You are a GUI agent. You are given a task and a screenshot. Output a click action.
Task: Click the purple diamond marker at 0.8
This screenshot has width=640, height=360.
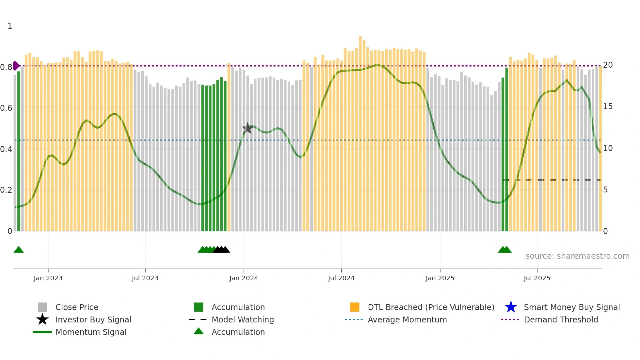16,66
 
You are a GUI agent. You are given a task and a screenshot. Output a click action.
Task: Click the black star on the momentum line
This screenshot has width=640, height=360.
248,128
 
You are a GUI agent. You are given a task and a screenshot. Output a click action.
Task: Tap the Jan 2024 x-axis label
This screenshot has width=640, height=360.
244,278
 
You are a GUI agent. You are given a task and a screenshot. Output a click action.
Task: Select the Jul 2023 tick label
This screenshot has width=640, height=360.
145,278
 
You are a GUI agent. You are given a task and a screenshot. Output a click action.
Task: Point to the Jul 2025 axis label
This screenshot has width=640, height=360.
537,278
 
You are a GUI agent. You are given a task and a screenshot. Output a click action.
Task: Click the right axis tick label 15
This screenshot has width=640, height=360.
608,106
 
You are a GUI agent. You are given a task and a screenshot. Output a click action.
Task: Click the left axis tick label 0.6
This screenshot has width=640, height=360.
6,108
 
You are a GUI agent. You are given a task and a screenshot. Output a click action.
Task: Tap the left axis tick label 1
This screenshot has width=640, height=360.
10,26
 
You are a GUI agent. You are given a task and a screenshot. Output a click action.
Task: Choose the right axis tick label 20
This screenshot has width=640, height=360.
608,65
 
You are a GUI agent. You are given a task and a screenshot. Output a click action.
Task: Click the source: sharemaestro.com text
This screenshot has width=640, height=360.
577,256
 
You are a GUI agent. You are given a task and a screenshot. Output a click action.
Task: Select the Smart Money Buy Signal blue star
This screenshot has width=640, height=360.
511,307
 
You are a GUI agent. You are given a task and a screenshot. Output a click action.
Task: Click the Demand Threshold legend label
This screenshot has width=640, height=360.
561,319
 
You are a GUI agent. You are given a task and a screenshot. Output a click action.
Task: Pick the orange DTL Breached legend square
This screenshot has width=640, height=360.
355,307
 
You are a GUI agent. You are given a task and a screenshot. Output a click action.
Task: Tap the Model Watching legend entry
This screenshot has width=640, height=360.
243,319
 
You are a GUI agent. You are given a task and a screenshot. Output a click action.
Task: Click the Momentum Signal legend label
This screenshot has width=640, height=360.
91,332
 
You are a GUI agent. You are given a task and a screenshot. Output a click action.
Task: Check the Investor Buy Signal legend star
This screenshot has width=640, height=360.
42,319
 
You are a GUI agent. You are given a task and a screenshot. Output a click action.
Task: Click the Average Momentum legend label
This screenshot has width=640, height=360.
407,319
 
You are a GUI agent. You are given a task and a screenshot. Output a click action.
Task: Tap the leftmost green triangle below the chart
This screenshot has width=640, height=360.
19,250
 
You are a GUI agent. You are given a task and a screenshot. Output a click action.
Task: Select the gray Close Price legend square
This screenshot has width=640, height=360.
42,307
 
